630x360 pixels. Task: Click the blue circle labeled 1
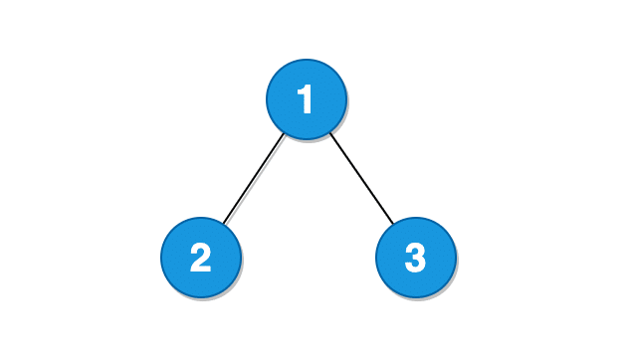coord(307,99)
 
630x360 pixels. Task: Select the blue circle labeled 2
coord(201,259)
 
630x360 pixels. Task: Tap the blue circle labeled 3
coord(416,259)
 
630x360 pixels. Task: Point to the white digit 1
coord(306,99)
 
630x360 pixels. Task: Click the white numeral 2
coord(201,259)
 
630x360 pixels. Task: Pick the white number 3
coord(416,259)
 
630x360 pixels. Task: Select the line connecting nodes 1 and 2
coord(254,179)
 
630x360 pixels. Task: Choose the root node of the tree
coord(307,99)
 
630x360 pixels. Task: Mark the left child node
coord(201,259)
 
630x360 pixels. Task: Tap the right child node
coord(416,259)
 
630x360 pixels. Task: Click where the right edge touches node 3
coord(394,224)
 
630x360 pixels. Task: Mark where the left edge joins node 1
coord(285,133)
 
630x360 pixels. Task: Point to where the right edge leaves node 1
coord(329,132)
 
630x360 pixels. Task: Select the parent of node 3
coord(307,99)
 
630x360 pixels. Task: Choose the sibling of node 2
coord(416,259)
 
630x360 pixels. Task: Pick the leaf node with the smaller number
coord(201,259)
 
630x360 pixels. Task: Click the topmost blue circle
coord(307,99)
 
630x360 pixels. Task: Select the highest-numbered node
coord(416,259)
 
